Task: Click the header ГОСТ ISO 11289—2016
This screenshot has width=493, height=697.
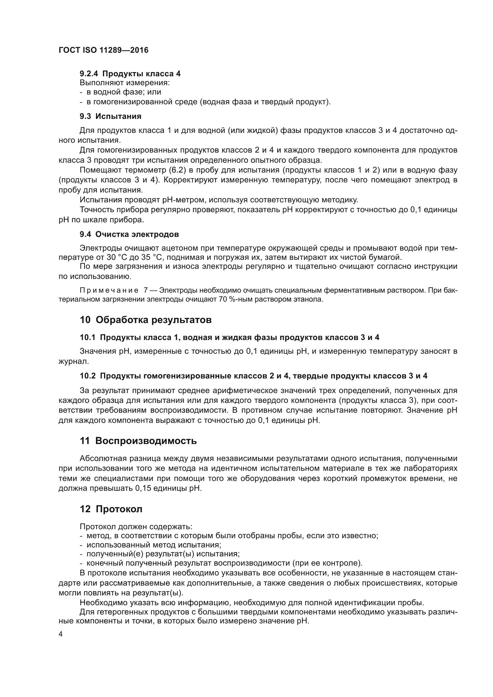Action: coord(103,50)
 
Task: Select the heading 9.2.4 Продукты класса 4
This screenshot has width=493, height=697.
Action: coord(130,74)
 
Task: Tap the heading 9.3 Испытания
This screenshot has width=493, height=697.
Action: coord(111,116)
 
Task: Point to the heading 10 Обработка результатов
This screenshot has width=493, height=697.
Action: coord(146,320)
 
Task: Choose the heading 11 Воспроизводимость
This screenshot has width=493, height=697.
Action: coord(138,441)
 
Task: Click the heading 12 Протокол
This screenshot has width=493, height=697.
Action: coord(111,509)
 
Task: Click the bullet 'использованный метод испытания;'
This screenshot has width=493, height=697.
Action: coord(154,545)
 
